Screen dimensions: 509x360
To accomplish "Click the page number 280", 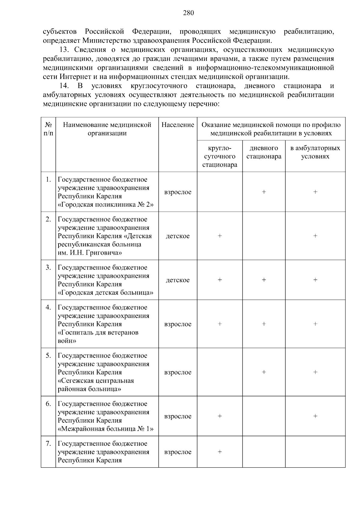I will pos(188,13).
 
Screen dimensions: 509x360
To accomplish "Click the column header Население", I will pos(178,125).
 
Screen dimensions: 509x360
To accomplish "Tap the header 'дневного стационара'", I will pos(264,152).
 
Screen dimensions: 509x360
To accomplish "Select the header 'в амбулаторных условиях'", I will pos(315,152).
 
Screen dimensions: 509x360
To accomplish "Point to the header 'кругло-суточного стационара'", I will pos(220,156).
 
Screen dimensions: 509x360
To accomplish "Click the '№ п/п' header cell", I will pos(48,129).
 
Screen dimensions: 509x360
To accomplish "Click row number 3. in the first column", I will pos(48,268).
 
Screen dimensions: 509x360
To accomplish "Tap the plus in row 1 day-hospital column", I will pos(264,192).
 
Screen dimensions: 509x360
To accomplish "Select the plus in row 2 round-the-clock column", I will pos(220,236).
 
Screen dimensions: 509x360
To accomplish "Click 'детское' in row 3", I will pos(178,280).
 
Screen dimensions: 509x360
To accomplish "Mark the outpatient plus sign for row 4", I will pos(315,324).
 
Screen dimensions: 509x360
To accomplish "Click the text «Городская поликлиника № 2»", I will pos(106,205).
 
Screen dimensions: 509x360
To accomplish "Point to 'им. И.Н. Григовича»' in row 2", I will pos(90,253).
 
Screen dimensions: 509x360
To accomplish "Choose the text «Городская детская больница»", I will pos(106,293).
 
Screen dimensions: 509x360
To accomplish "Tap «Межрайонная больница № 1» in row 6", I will pos(106,429).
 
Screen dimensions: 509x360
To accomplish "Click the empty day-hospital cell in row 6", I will pos(264,416).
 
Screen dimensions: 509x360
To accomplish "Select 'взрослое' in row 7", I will pos(178,452).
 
